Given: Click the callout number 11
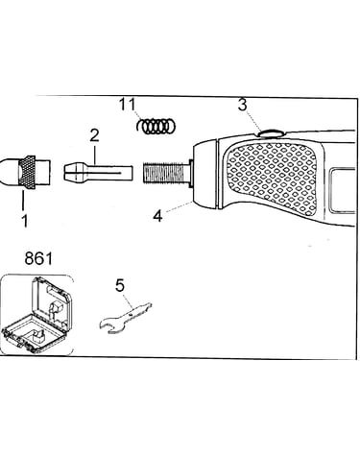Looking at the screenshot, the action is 128,105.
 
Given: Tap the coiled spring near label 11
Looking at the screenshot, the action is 156,126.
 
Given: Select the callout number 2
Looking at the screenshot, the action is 94,135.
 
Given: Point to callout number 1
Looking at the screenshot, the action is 25,221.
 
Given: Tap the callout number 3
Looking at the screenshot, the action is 243,105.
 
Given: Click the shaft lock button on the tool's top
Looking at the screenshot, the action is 271,132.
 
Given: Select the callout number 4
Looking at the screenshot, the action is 157,216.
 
